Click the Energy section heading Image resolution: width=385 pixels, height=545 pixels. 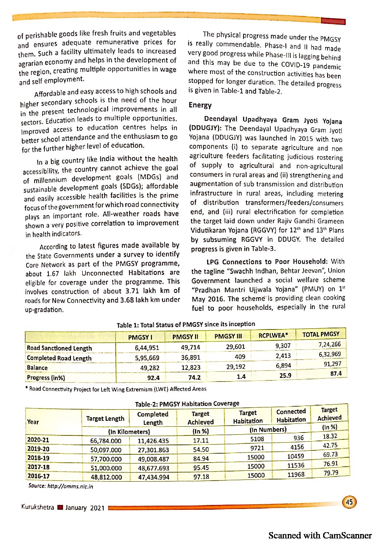pos(200,105)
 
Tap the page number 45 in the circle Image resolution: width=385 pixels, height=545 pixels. pos(349,502)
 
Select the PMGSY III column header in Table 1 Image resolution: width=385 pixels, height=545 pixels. pos(228,336)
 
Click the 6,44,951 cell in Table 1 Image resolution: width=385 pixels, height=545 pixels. pos(147,348)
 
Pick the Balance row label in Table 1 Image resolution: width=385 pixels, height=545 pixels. pos(37,368)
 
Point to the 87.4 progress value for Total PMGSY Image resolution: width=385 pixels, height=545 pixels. pos(336,374)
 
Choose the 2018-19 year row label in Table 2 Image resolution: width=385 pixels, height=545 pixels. pos(38,458)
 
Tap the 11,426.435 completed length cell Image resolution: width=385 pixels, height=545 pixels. pos(153,441)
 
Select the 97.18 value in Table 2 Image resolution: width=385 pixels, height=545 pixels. pos(201,477)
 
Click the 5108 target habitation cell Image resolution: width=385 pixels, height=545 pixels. pos(257,439)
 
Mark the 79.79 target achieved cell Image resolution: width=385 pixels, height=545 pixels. pos(331,473)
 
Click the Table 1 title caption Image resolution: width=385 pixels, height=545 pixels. pos(186,324)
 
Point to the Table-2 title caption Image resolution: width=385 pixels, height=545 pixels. pos(187,404)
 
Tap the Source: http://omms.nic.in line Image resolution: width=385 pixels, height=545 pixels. pos(60,486)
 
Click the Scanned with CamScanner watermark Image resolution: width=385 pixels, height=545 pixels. pos(320,536)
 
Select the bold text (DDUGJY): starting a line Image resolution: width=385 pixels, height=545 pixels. pos(206,128)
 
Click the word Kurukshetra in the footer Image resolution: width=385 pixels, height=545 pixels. pos(37,507)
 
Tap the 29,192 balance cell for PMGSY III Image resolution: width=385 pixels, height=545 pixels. pos(235,367)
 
